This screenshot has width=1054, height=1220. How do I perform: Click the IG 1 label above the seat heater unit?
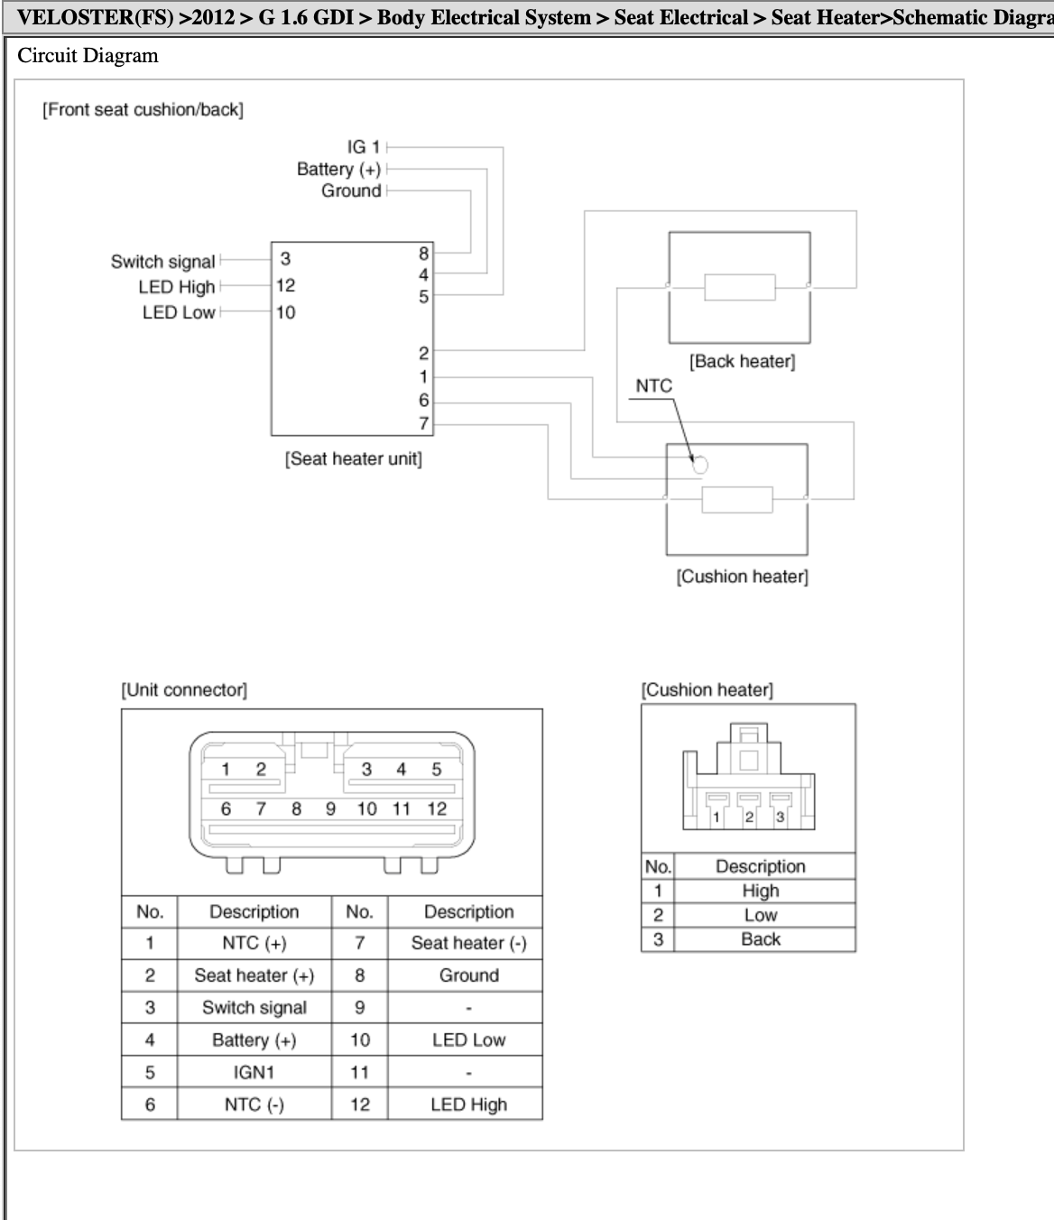[x=363, y=146]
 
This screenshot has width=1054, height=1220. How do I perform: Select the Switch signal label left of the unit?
[x=162, y=262]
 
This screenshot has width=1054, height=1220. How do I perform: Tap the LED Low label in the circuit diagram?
[x=179, y=312]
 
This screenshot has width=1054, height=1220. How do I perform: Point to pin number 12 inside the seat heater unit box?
[x=286, y=286]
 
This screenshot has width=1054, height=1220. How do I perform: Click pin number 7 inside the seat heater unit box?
[x=424, y=423]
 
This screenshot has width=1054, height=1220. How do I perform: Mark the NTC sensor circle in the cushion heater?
[x=700, y=465]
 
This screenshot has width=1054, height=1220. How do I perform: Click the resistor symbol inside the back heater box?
[x=739, y=288]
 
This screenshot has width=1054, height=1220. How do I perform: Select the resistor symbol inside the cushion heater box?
[x=737, y=500]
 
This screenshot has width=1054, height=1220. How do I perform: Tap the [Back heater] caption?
[x=743, y=361]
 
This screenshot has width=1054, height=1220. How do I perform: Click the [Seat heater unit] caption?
[x=354, y=458]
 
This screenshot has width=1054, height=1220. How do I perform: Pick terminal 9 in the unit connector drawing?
[x=330, y=809]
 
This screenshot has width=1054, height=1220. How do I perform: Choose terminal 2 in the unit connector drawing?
[x=261, y=769]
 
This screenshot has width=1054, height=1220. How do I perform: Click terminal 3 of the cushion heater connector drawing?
[x=781, y=817]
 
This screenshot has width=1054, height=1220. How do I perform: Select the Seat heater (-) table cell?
[x=468, y=943]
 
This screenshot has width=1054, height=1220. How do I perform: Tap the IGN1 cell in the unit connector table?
[x=254, y=1072]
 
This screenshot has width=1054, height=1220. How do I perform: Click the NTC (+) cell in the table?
[x=254, y=943]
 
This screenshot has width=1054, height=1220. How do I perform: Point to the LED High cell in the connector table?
[x=468, y=1104]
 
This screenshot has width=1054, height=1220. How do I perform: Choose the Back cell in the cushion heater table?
[x=761, y=939]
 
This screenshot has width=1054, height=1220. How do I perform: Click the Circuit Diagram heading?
[x=88, y=55]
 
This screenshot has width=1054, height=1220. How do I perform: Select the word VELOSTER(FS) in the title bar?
[x=96, y=17]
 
